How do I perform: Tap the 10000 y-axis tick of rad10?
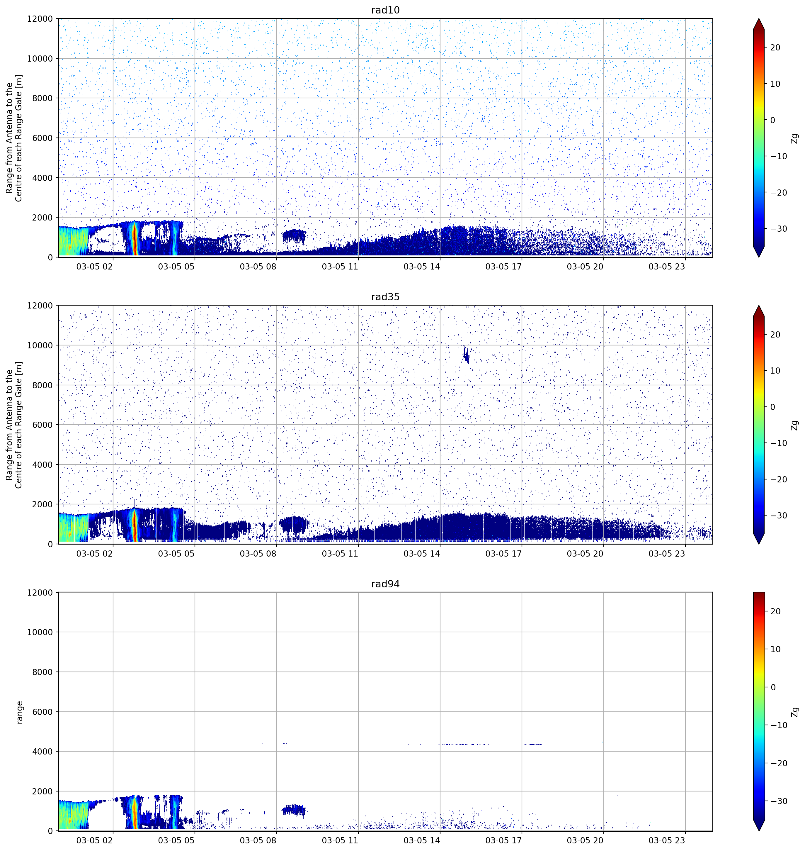coord(40,58)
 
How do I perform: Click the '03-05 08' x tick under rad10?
coord(258,267)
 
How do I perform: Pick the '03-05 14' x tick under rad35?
coord(422,553)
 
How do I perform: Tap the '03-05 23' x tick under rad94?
coord(667,840)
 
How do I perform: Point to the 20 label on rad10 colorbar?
coord(775,48)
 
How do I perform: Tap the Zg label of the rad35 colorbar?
coord(795,425)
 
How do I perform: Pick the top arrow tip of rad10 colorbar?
coord(759,19)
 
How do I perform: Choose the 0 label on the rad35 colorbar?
coord(772,407)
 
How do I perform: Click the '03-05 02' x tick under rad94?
coord(94,840)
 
